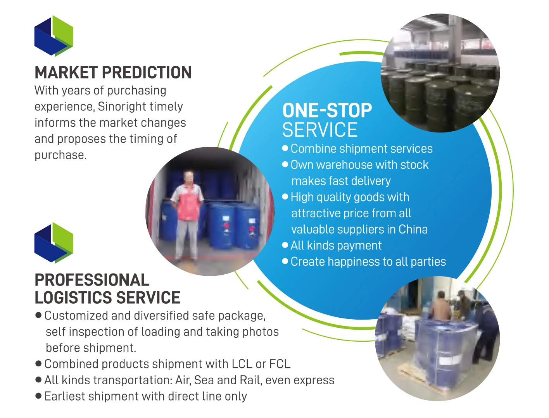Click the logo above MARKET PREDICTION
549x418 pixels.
(x=54, y=36)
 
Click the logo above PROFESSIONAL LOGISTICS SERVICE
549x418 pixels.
(x=54, y=243)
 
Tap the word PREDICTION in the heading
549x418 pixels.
(x=147, y=72)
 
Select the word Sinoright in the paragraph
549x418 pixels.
(x=119, y=107)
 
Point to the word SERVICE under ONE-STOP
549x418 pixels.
(x=320, y=130)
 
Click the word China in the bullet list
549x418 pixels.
(x=413, y=229)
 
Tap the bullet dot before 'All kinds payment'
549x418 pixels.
(x=285, y=245)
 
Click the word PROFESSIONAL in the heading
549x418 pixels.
(x=92, y=280)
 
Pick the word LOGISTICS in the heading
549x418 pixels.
(x=73, y=297)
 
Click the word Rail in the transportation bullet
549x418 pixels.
(x=250, y=380)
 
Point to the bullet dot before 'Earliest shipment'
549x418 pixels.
(x=38, y=396)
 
